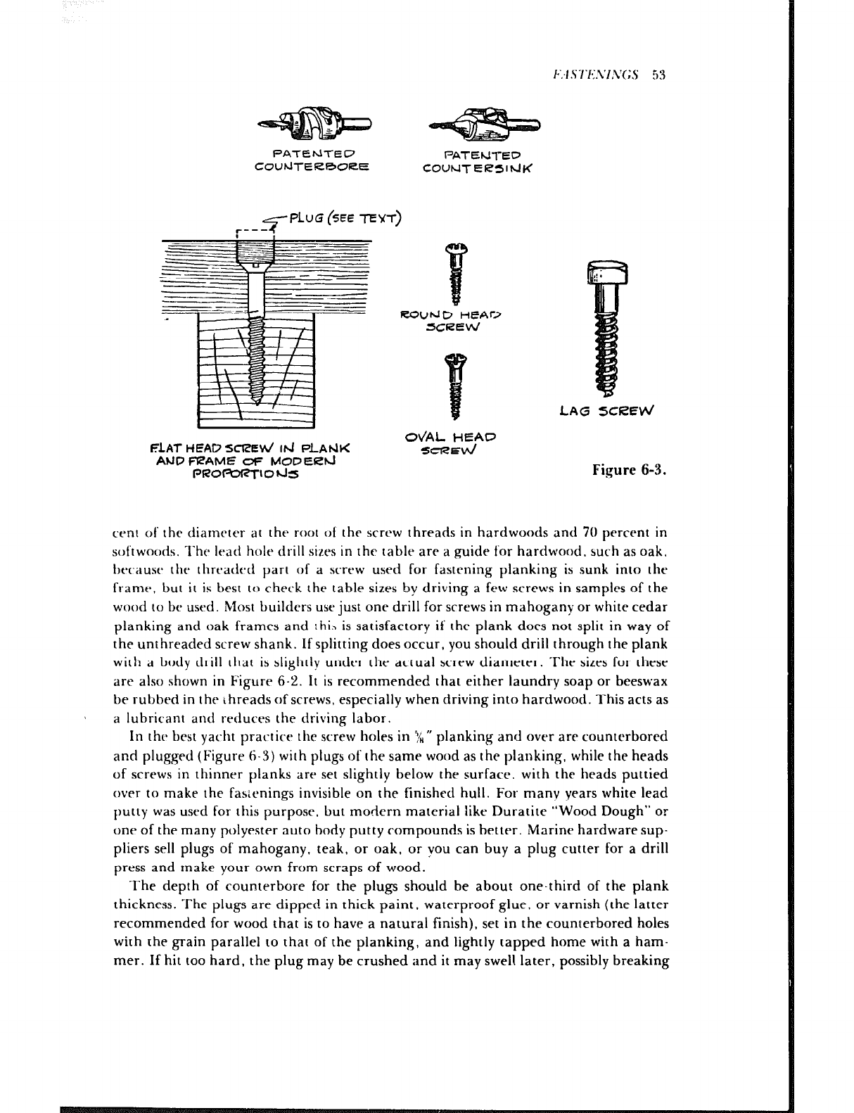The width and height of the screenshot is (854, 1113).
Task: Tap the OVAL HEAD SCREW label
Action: tap(451, 443)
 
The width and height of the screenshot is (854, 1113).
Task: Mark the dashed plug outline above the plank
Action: tap(254, 235)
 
